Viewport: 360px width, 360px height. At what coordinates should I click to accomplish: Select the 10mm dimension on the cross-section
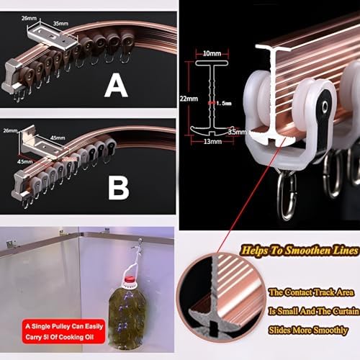tap(212, 54)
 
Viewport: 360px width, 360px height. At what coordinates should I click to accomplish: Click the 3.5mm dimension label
tap(238, 132)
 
